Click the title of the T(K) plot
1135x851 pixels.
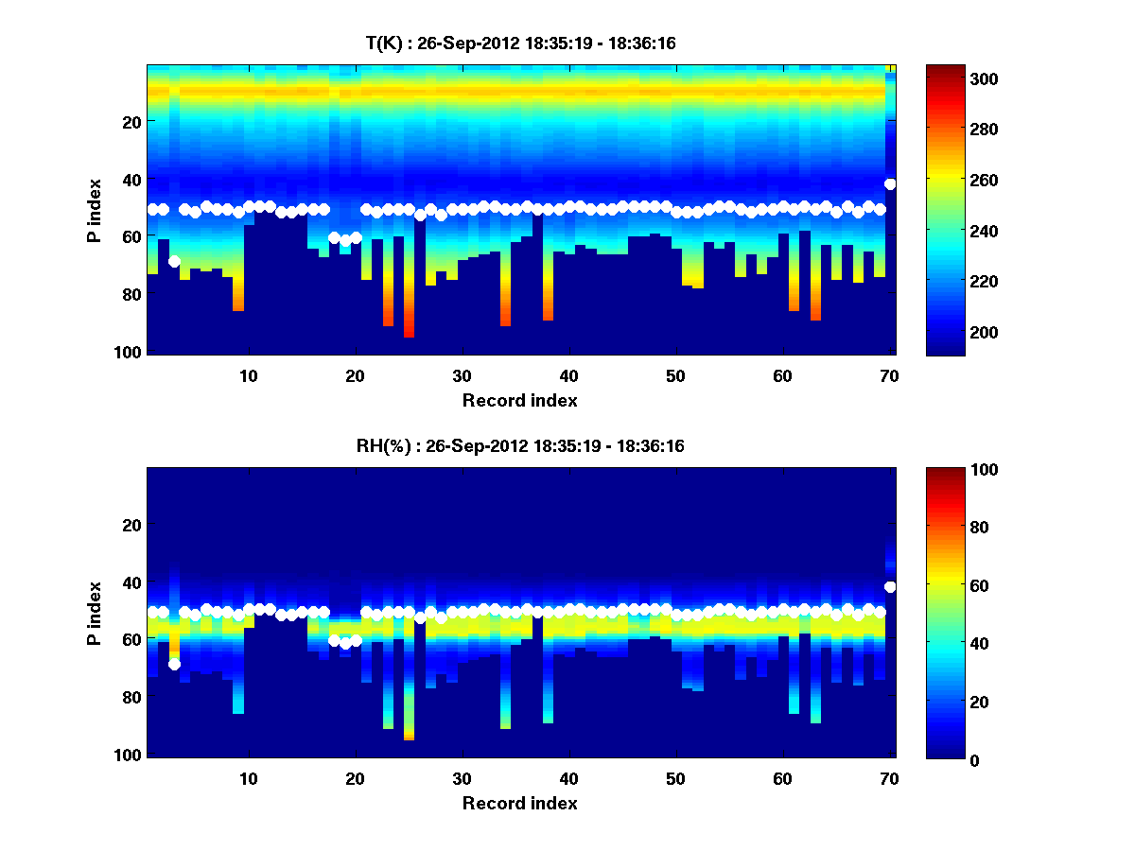(520, 43)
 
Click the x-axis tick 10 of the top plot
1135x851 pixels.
(248, 375)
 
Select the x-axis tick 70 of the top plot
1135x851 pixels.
(889, 375)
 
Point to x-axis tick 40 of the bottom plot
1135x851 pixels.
(568, 778)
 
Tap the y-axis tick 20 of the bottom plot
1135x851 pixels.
(131, 525)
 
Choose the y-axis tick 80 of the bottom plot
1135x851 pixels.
(131, 698)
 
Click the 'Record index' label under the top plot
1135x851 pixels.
(519, 400)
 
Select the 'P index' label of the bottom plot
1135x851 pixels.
(95, 614)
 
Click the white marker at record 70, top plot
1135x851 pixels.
(890, 184)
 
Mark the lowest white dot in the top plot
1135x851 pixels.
(174, 261)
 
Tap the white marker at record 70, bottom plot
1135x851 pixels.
(890, 587)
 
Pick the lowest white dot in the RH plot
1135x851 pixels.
(174, 664)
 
